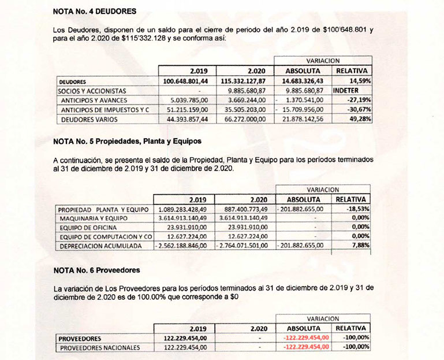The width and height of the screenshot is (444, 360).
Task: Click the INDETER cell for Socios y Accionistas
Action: [x=349, y=91]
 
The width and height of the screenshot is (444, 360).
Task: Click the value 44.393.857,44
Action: [x=188, y=119]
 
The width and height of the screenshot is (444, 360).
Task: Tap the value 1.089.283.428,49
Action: [x=184, y=209]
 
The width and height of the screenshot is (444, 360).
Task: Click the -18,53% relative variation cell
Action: [x=358, y=209]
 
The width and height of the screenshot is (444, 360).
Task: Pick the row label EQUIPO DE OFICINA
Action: [x=92, y=228]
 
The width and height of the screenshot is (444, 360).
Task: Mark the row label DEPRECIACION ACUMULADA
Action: [x=103, y=247]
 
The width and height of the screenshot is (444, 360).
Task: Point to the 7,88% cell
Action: [x=361, y=247]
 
